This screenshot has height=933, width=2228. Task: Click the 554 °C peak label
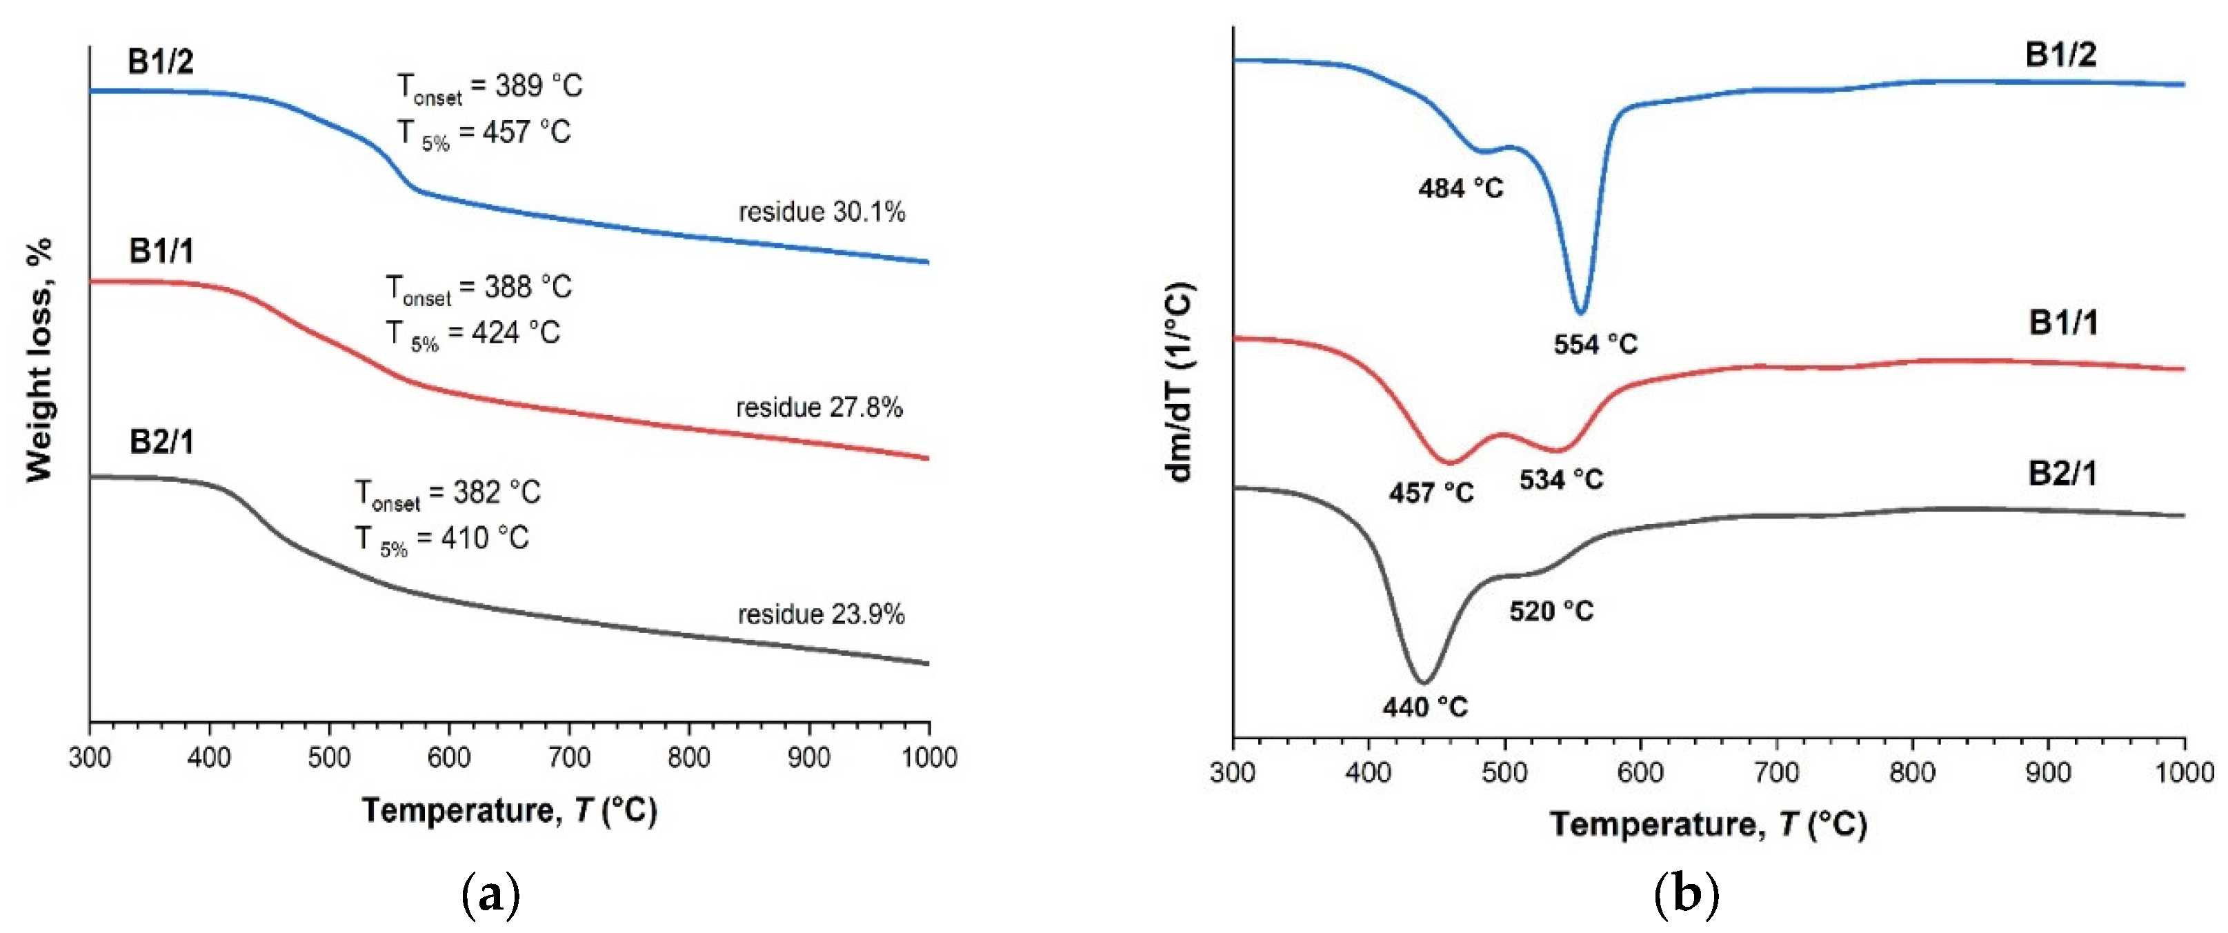pos(1595,344)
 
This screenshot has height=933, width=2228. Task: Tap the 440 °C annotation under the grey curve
pos(1424,708)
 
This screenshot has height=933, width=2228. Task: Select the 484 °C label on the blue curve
pos(1461,188)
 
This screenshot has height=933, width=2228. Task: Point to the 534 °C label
pos(1561,479)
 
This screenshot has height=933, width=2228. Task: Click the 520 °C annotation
pos(1551,612)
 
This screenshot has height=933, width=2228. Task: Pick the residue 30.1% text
pos(822,212)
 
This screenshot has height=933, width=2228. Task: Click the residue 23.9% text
pos(821,615)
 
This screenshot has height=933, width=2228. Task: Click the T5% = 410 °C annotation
pos(442,539)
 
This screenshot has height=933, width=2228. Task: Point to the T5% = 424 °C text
pos(473,334)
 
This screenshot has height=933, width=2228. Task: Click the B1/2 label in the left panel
pos(160,62)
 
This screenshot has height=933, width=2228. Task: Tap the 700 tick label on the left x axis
pos(569,759)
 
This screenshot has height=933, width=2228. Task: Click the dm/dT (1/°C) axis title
pos(1180,381)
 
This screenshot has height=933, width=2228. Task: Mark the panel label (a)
pos(491,895)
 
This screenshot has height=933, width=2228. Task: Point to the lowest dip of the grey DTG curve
pos(1424,682)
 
